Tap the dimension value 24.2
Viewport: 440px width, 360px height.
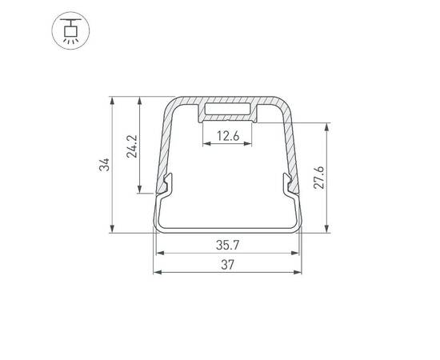tap(132, 145)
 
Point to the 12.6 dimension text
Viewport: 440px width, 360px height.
tap(228, 136)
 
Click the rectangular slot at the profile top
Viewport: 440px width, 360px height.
tap(228, 110)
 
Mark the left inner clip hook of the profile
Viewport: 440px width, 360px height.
tap(166, 187)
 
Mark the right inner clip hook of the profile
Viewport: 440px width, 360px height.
tap(290, 187)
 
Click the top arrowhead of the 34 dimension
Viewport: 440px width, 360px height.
tap(113, 102)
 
